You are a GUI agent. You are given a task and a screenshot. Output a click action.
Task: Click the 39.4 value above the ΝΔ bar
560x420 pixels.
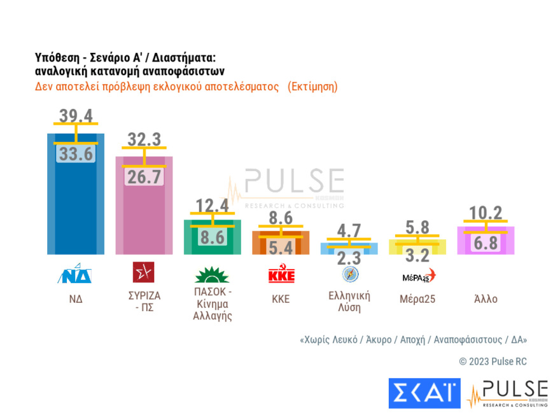tap(76, 116)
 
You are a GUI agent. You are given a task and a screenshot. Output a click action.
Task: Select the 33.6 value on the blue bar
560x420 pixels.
tap(76, 155)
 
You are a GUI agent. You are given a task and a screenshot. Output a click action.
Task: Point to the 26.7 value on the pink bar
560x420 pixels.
tap(144, 178)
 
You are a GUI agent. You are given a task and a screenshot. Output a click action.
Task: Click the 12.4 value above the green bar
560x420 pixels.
tap(212, 205)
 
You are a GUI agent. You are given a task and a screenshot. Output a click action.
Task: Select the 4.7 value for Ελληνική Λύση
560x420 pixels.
tap(349, 232)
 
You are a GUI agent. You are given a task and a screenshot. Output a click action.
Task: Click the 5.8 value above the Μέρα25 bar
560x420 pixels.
tap(417, 226)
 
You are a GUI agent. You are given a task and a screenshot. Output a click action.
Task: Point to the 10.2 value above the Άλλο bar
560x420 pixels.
tap(486, 212)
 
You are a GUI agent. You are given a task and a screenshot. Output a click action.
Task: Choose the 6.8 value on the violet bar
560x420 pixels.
tap(486, 243)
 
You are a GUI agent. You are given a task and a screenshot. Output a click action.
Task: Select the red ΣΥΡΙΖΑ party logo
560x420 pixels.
tap(143, 272)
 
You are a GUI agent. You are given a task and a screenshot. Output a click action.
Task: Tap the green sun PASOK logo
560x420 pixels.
tap(212, 275)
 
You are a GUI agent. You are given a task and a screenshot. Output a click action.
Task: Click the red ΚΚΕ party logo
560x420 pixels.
tap(281, 275)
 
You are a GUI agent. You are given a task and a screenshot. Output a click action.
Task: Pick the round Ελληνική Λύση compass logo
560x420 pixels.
tap(350, 274)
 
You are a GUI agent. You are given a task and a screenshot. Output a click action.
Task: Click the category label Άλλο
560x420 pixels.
tap(486, 298)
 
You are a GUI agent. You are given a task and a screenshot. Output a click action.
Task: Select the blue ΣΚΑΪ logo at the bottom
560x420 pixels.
tap(424, 393)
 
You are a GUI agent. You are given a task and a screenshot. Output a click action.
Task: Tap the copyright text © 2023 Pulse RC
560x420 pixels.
tap(493, 361)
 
